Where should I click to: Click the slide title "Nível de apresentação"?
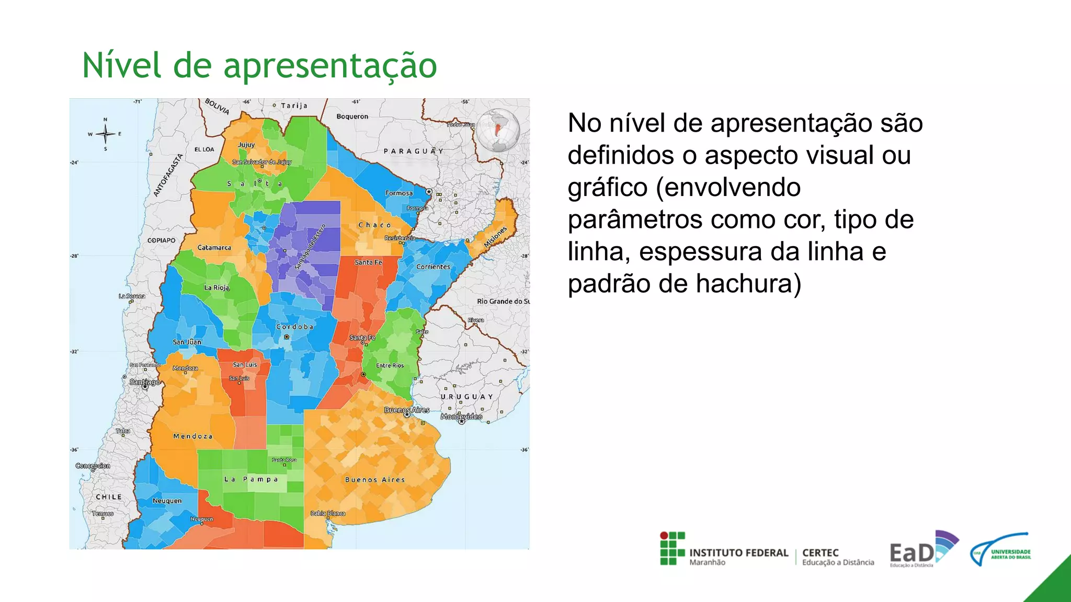[x=259, y=66]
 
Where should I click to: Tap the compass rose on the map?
[x=106, y=134]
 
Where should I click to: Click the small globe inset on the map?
[x=498, y=130]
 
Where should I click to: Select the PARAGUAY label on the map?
[x=413, y=151]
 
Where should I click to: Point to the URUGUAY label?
[x=466, y=397]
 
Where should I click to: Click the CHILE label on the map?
[x=109, y=497]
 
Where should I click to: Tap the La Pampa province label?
[x=251, y=479]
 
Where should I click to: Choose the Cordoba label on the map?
[x=295, y=327]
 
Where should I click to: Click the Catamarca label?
[x=214, y=248]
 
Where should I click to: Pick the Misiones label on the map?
[x=495, y=237]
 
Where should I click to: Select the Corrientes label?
[x=433, y=267]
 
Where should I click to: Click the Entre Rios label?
[x=390, y=366]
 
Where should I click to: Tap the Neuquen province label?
[x=167, y=501]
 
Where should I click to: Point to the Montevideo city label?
[x=461, y=416]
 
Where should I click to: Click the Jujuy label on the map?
[x=246, y=145]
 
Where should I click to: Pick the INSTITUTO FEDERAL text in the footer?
[x=738, y=553]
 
